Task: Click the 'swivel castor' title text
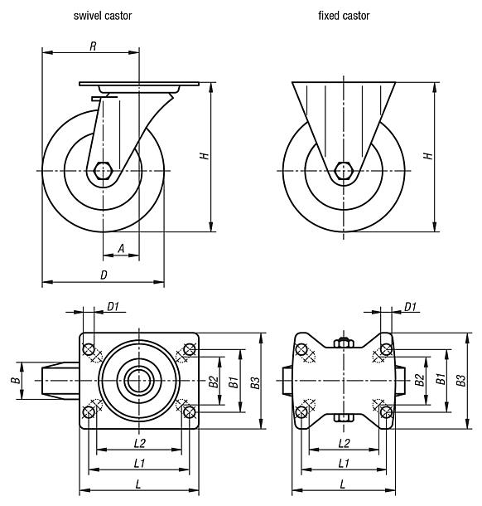coord(102,16)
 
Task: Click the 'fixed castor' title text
coord(343,16)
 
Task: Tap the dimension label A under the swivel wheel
coord(121,246)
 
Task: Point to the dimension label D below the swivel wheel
coord(103,273)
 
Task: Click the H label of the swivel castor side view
coord(205,156)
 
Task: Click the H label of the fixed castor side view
coord(427,156)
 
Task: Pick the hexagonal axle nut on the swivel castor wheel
coord(103,171)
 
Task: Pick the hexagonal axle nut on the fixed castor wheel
coord(343,171)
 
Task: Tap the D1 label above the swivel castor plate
coord(113,307)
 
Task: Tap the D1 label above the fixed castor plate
coord(410,307)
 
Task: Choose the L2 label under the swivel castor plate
coord(139,443)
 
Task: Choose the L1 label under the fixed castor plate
coord(343,461)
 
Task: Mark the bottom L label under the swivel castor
coord(139,483)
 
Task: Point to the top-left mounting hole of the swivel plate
coord(89,348)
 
